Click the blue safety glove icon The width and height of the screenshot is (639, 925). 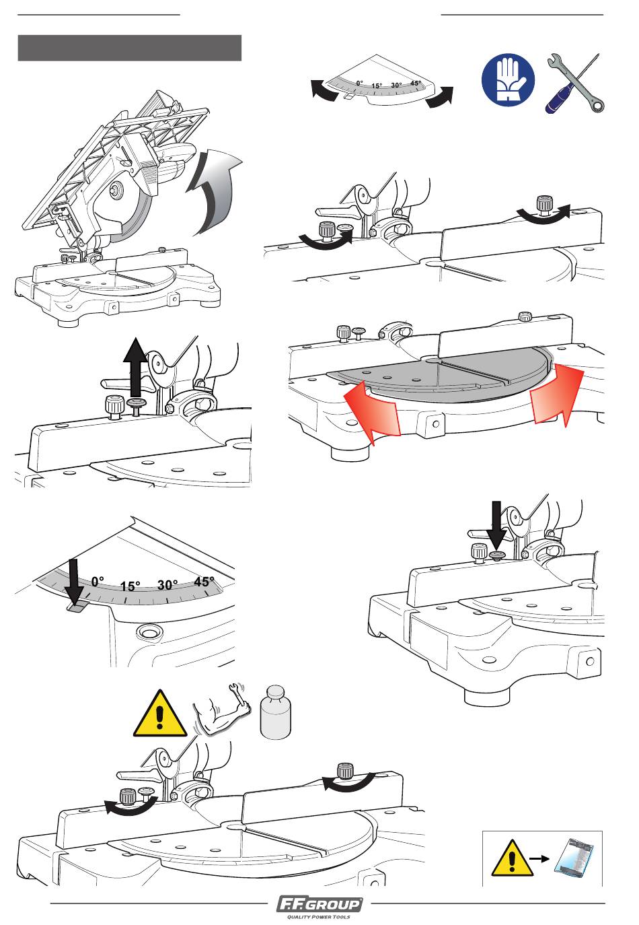[508, 79]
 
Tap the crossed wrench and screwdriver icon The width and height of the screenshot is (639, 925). [574, 83]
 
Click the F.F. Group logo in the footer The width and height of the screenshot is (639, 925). [319, 904]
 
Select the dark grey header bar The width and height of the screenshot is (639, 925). [130, 48]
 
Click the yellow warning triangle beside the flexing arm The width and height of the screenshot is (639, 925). [160, 714]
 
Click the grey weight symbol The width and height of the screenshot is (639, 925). [276, 712]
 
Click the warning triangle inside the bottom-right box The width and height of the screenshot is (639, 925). [512, 858]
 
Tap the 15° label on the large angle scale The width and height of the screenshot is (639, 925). [130, 586]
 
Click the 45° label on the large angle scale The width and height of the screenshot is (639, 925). [204, 582]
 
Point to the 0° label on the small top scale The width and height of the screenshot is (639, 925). [360, 83]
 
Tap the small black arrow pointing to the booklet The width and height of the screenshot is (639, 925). [539, 858]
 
